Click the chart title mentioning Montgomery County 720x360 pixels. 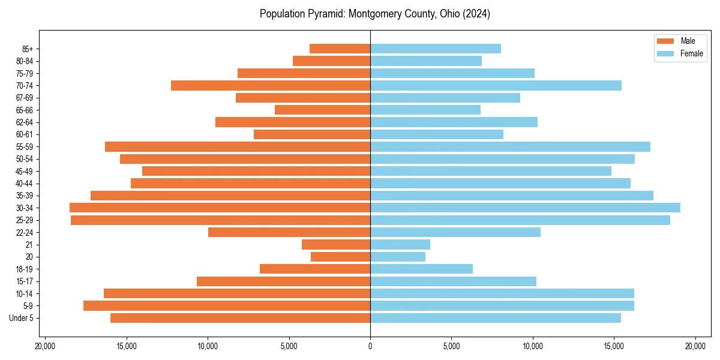pos(375,14)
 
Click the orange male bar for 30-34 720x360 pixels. pos(220,208)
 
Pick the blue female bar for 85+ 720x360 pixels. pos(436,49)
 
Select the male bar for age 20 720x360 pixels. pos(340,257)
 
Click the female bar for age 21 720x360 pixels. pos(400,244)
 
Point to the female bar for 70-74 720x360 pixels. pos(496,85)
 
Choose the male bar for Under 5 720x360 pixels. pos(240,318)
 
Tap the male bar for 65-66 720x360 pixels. pos(322,110)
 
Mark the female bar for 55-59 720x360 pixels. pos(510,146)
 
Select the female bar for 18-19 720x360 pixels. pos(421,269)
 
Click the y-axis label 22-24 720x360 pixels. pos(24,232)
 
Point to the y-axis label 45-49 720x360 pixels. pos(24,171)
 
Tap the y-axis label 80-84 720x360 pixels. pos(24,61)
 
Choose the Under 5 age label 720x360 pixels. pos(22,318)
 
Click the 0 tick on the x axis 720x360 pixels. pos(370,346)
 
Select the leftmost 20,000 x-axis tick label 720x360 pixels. pos(45,346)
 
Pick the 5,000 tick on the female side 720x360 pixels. pos(451,346)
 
